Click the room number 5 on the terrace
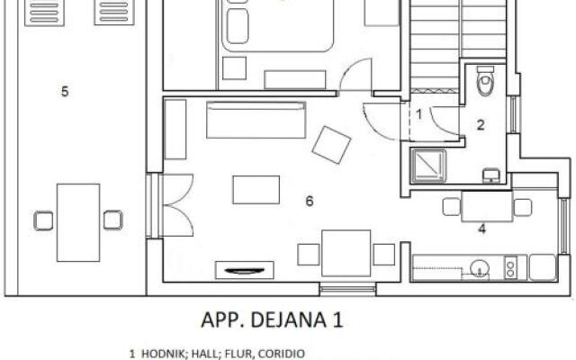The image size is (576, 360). click(x=65, y=91)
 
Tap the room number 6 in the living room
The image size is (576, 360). click(x=309, y=201)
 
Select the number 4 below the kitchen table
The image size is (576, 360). click(x=482, y=229)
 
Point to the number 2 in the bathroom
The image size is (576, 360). click(x=481, y=125)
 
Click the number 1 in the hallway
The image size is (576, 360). click(x=418, y=114)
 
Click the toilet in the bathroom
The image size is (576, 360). click(x=486, y=82)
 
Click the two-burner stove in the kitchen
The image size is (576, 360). click(x=512, y=267)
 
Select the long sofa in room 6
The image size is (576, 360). click(x=256, y=121)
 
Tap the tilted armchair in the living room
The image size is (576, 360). click(x=331, y=144)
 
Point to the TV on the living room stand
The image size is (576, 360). click(x=244, y=268)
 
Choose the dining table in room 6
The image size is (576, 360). click(x=346, y=253)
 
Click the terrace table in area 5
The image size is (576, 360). click(x=78, y=220)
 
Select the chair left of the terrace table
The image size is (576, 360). click(x=43, y=220)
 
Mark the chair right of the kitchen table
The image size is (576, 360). click(x=522, y=208)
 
